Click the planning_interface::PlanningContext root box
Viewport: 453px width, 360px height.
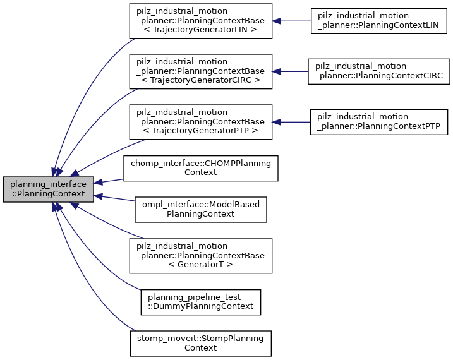pyautogui.click(x=48, y=190)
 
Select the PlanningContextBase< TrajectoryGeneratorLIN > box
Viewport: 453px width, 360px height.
pyautogui.click(x=200, y=21)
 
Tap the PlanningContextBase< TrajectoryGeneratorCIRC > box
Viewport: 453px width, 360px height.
pyautogui.click(x=200, y=71)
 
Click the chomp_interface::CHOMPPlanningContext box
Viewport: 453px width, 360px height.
pyautogui.click(x=200, y=167)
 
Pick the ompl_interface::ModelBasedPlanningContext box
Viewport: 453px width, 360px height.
pyautogui.click(x=200, y=209)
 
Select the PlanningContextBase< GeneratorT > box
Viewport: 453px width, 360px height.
pyautogui.click(x=200, y=255)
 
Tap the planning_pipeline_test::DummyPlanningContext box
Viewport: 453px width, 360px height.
pyautogui.click(x=200, y=301)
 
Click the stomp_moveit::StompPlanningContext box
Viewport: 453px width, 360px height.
pyautogui.click(x=200, y=343)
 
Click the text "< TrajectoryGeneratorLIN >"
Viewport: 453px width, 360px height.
pyautogui.click(x=200, y=30)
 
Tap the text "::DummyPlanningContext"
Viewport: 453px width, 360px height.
pyautogui.click(x=200, y=306)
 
